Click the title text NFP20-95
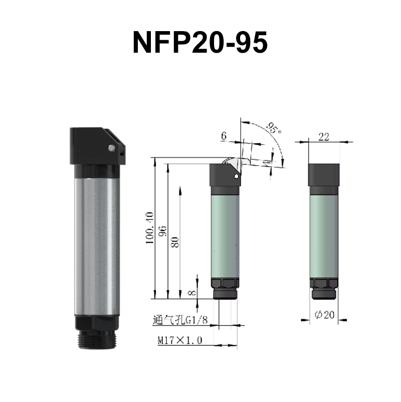200,43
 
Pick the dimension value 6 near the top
224,136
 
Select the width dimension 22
324,137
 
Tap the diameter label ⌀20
324,315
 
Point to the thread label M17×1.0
179,341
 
